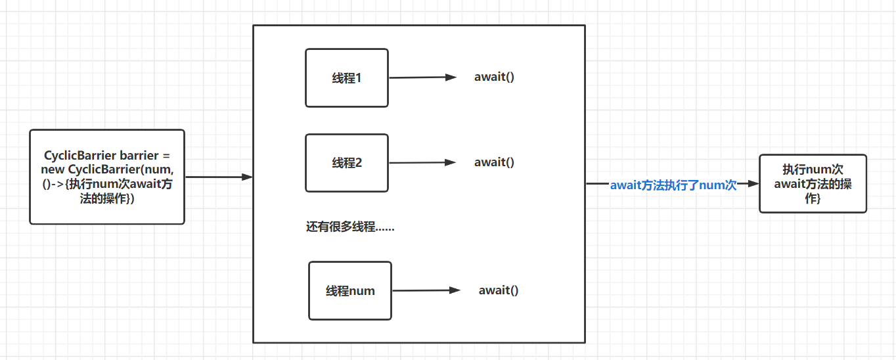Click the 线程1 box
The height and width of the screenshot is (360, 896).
(346, 78)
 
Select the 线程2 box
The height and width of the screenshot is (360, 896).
(346, 163)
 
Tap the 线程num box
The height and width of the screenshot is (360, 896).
(349, 290)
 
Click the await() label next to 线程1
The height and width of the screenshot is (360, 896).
(494, 77)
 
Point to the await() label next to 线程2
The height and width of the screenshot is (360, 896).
(494, 162)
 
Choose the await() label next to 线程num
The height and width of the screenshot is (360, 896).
(498, 290)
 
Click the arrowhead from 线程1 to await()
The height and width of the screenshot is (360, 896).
(451, 77)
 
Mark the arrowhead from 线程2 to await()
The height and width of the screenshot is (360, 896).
(451, 162)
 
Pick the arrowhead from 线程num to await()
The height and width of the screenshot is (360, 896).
(454, 290)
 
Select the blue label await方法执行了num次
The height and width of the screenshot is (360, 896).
(673, 185)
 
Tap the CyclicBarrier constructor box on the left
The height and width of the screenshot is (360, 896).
(107, 177)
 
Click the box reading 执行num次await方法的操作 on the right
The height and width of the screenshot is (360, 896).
(813, 183)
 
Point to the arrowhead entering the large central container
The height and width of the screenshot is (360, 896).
(247, 177)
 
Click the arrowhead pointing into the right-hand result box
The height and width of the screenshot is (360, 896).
(753, 185)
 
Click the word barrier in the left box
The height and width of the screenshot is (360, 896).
(139, 156)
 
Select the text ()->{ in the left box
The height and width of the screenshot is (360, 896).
(55, 185)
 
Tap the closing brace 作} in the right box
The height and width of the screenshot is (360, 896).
(813, 198)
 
